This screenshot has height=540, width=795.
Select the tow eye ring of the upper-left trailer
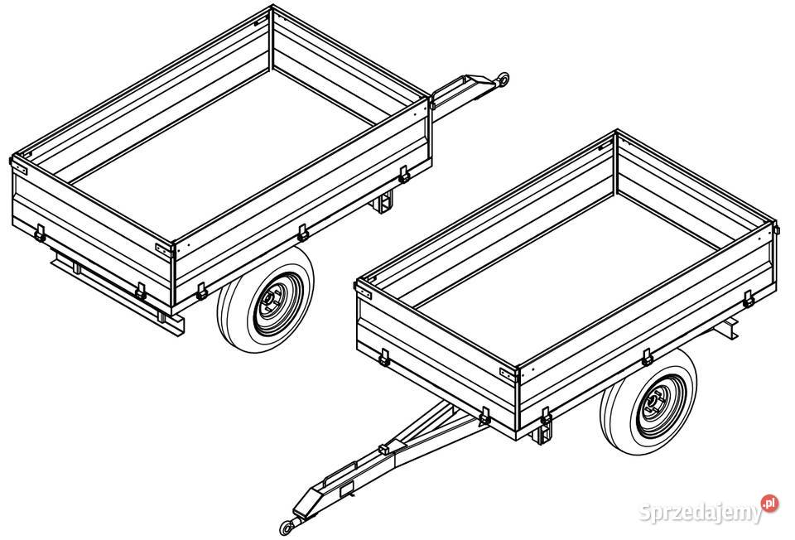(503, 80)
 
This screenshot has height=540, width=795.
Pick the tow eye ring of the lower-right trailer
(287, 528)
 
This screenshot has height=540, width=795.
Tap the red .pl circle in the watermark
(769, 503)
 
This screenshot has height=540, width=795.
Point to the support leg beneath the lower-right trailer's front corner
(542, 433)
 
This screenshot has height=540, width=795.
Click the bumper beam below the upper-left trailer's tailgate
(118, 293)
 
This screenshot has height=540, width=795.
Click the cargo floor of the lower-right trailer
(569, 277)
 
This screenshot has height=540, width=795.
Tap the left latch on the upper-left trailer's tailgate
(40, 234)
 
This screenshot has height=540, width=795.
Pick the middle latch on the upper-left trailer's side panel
(303, 233)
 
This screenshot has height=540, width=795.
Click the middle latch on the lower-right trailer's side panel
(647, 357)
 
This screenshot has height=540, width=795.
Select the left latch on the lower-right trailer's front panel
(384, 358)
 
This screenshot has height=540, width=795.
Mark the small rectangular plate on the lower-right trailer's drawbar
(347, 489)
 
